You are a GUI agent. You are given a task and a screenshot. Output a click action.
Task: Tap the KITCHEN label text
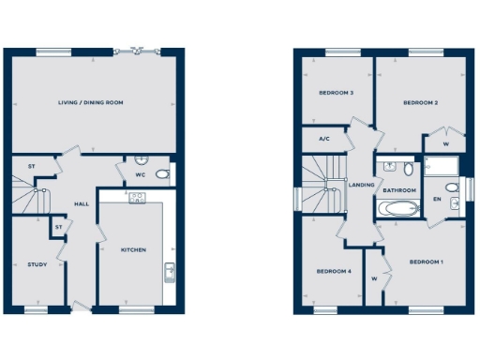coord(133,250)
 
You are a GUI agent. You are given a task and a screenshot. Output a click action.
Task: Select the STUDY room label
coord(37,264)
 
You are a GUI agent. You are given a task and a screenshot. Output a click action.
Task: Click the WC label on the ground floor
coord(140,175)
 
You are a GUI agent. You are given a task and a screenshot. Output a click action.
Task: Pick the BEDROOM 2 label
coord(421,102)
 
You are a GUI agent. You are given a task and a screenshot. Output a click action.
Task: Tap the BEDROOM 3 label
coord(336,93)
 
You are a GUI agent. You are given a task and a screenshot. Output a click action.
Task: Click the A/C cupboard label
coord(324,139)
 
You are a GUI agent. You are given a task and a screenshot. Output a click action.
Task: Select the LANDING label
coord(361,185)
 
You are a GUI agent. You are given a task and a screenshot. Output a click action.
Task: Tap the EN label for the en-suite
coord(437,200)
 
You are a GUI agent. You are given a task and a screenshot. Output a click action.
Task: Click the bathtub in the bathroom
coord(398,208)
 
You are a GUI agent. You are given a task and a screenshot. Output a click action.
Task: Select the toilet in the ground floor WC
coord(161,174)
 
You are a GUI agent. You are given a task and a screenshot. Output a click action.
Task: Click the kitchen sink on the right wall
coord(170,271)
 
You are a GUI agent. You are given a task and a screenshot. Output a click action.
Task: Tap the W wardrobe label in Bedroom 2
coord(444,144)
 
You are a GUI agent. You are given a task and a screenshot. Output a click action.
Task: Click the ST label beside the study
coord(58,226)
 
